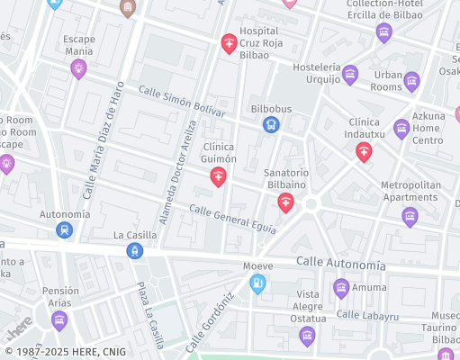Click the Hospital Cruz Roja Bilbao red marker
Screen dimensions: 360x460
(230, 43)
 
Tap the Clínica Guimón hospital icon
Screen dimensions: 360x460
(218, 177)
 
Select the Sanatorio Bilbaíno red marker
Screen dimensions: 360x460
(285, 202)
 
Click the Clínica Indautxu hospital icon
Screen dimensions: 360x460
(364, 152)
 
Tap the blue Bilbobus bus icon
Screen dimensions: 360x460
(271, 125)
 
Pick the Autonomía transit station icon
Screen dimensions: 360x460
(64, 229)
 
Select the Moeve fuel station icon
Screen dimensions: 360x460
(258, 284)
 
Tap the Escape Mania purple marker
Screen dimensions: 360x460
(79, 68)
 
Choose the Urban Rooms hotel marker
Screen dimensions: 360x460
(412, 81)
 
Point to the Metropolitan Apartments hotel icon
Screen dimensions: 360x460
(410, 216)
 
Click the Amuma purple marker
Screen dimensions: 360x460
(341, 288)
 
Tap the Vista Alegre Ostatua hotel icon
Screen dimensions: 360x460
(307, 337)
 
